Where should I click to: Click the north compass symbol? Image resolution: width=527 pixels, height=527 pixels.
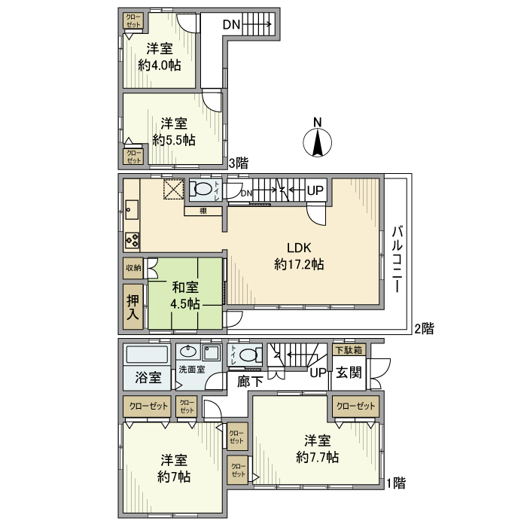pos(318,141)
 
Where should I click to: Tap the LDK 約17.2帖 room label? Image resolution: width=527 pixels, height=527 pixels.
pos(299,257)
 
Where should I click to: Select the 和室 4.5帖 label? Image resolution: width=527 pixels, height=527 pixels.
pos(185,295)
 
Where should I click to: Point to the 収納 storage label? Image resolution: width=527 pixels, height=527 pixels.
pos(133,267)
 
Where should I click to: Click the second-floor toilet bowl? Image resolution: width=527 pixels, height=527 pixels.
pos(202,189)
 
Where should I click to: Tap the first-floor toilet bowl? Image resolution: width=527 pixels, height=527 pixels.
pos(250,355)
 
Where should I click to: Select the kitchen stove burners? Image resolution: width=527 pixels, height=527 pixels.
pos(132,242)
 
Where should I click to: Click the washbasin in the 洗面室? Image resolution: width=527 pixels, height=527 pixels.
pos(187,352)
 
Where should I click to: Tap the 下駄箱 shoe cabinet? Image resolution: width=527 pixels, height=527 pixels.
pos(348,350)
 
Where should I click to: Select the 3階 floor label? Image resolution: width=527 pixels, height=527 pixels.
pos(239,162)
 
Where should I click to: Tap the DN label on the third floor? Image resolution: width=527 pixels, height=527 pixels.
pos(231,25)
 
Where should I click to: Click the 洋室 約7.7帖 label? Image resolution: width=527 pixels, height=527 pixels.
pos(317,449)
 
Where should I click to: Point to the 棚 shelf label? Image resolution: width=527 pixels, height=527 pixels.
pos(203,211)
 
